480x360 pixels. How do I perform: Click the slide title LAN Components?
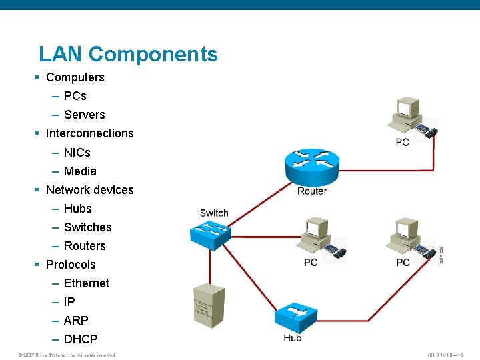(x=128, y=54)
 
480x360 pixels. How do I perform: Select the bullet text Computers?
(x=75, y=77)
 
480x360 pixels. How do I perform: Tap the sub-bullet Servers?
(x=84, y=115)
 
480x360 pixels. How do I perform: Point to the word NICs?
(x=77, y=153)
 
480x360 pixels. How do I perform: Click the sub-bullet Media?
(x=80, y=171)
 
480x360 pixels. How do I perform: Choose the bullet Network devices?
(x=89, y=190)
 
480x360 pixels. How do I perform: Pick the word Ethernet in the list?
(x=86, y=283)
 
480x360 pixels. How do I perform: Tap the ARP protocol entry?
(x=76, y=321)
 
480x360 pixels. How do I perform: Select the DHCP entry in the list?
(x=81, y=339)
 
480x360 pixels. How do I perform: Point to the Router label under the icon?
(x=312, y=191)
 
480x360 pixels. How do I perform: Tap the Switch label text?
(x=214, y=213)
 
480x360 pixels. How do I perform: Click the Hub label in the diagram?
(x=292, y=338)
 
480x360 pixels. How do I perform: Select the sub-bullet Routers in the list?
(x=85, y=246)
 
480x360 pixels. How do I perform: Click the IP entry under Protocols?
(x=69, y=302)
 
